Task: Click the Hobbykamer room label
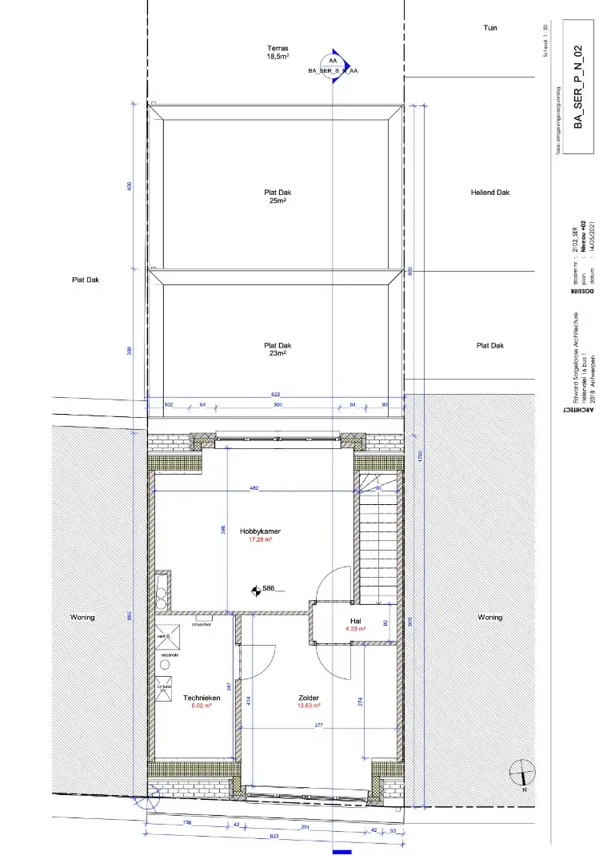pyautogui.click(x=260, y=531)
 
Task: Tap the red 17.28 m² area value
pyautogui.click(x=260, y=539)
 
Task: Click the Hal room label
pyautogui.click(x=356, y=620)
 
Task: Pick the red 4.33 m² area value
pyautogui.click(x=356, y=629)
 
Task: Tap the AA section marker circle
pyautogui.click(x=332, y=62)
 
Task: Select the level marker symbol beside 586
pyautogui.click(x=255, y=590)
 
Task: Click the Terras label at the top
pyautogui.click(x=277, y=49)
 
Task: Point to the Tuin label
pyautogui.click(x=490, y=28)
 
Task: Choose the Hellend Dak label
pyautogui.click(x=490, y=193)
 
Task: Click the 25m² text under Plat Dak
pyautogui.click(x=277, y=201)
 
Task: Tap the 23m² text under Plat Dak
pyautogui.click(x=277, y=355)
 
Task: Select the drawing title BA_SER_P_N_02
pyautogui.click(x=581, y=88)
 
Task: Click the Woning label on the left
pyautogui.click(x=82, y=618)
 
